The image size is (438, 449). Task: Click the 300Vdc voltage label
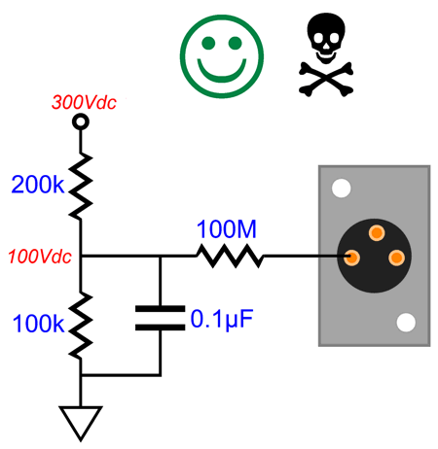84,102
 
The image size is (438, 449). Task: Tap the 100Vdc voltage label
40,257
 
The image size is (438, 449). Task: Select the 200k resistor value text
38,185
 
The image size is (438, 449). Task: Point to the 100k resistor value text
38,324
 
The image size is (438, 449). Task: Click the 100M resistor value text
227,229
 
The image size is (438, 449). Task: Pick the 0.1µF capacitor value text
222,320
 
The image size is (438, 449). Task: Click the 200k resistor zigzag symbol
81,186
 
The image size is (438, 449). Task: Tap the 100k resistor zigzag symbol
81,325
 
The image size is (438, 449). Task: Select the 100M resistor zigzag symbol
230,256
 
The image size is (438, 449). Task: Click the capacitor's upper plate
160,309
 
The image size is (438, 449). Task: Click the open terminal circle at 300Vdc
81,121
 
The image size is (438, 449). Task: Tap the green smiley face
222,56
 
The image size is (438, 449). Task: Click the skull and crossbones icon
326,54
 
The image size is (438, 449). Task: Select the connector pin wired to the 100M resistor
351,258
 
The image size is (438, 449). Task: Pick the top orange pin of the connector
377,232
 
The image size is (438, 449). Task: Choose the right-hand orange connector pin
396,258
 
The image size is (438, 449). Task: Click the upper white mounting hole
342,188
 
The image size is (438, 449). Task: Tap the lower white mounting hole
406,323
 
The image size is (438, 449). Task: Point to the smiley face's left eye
208,43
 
